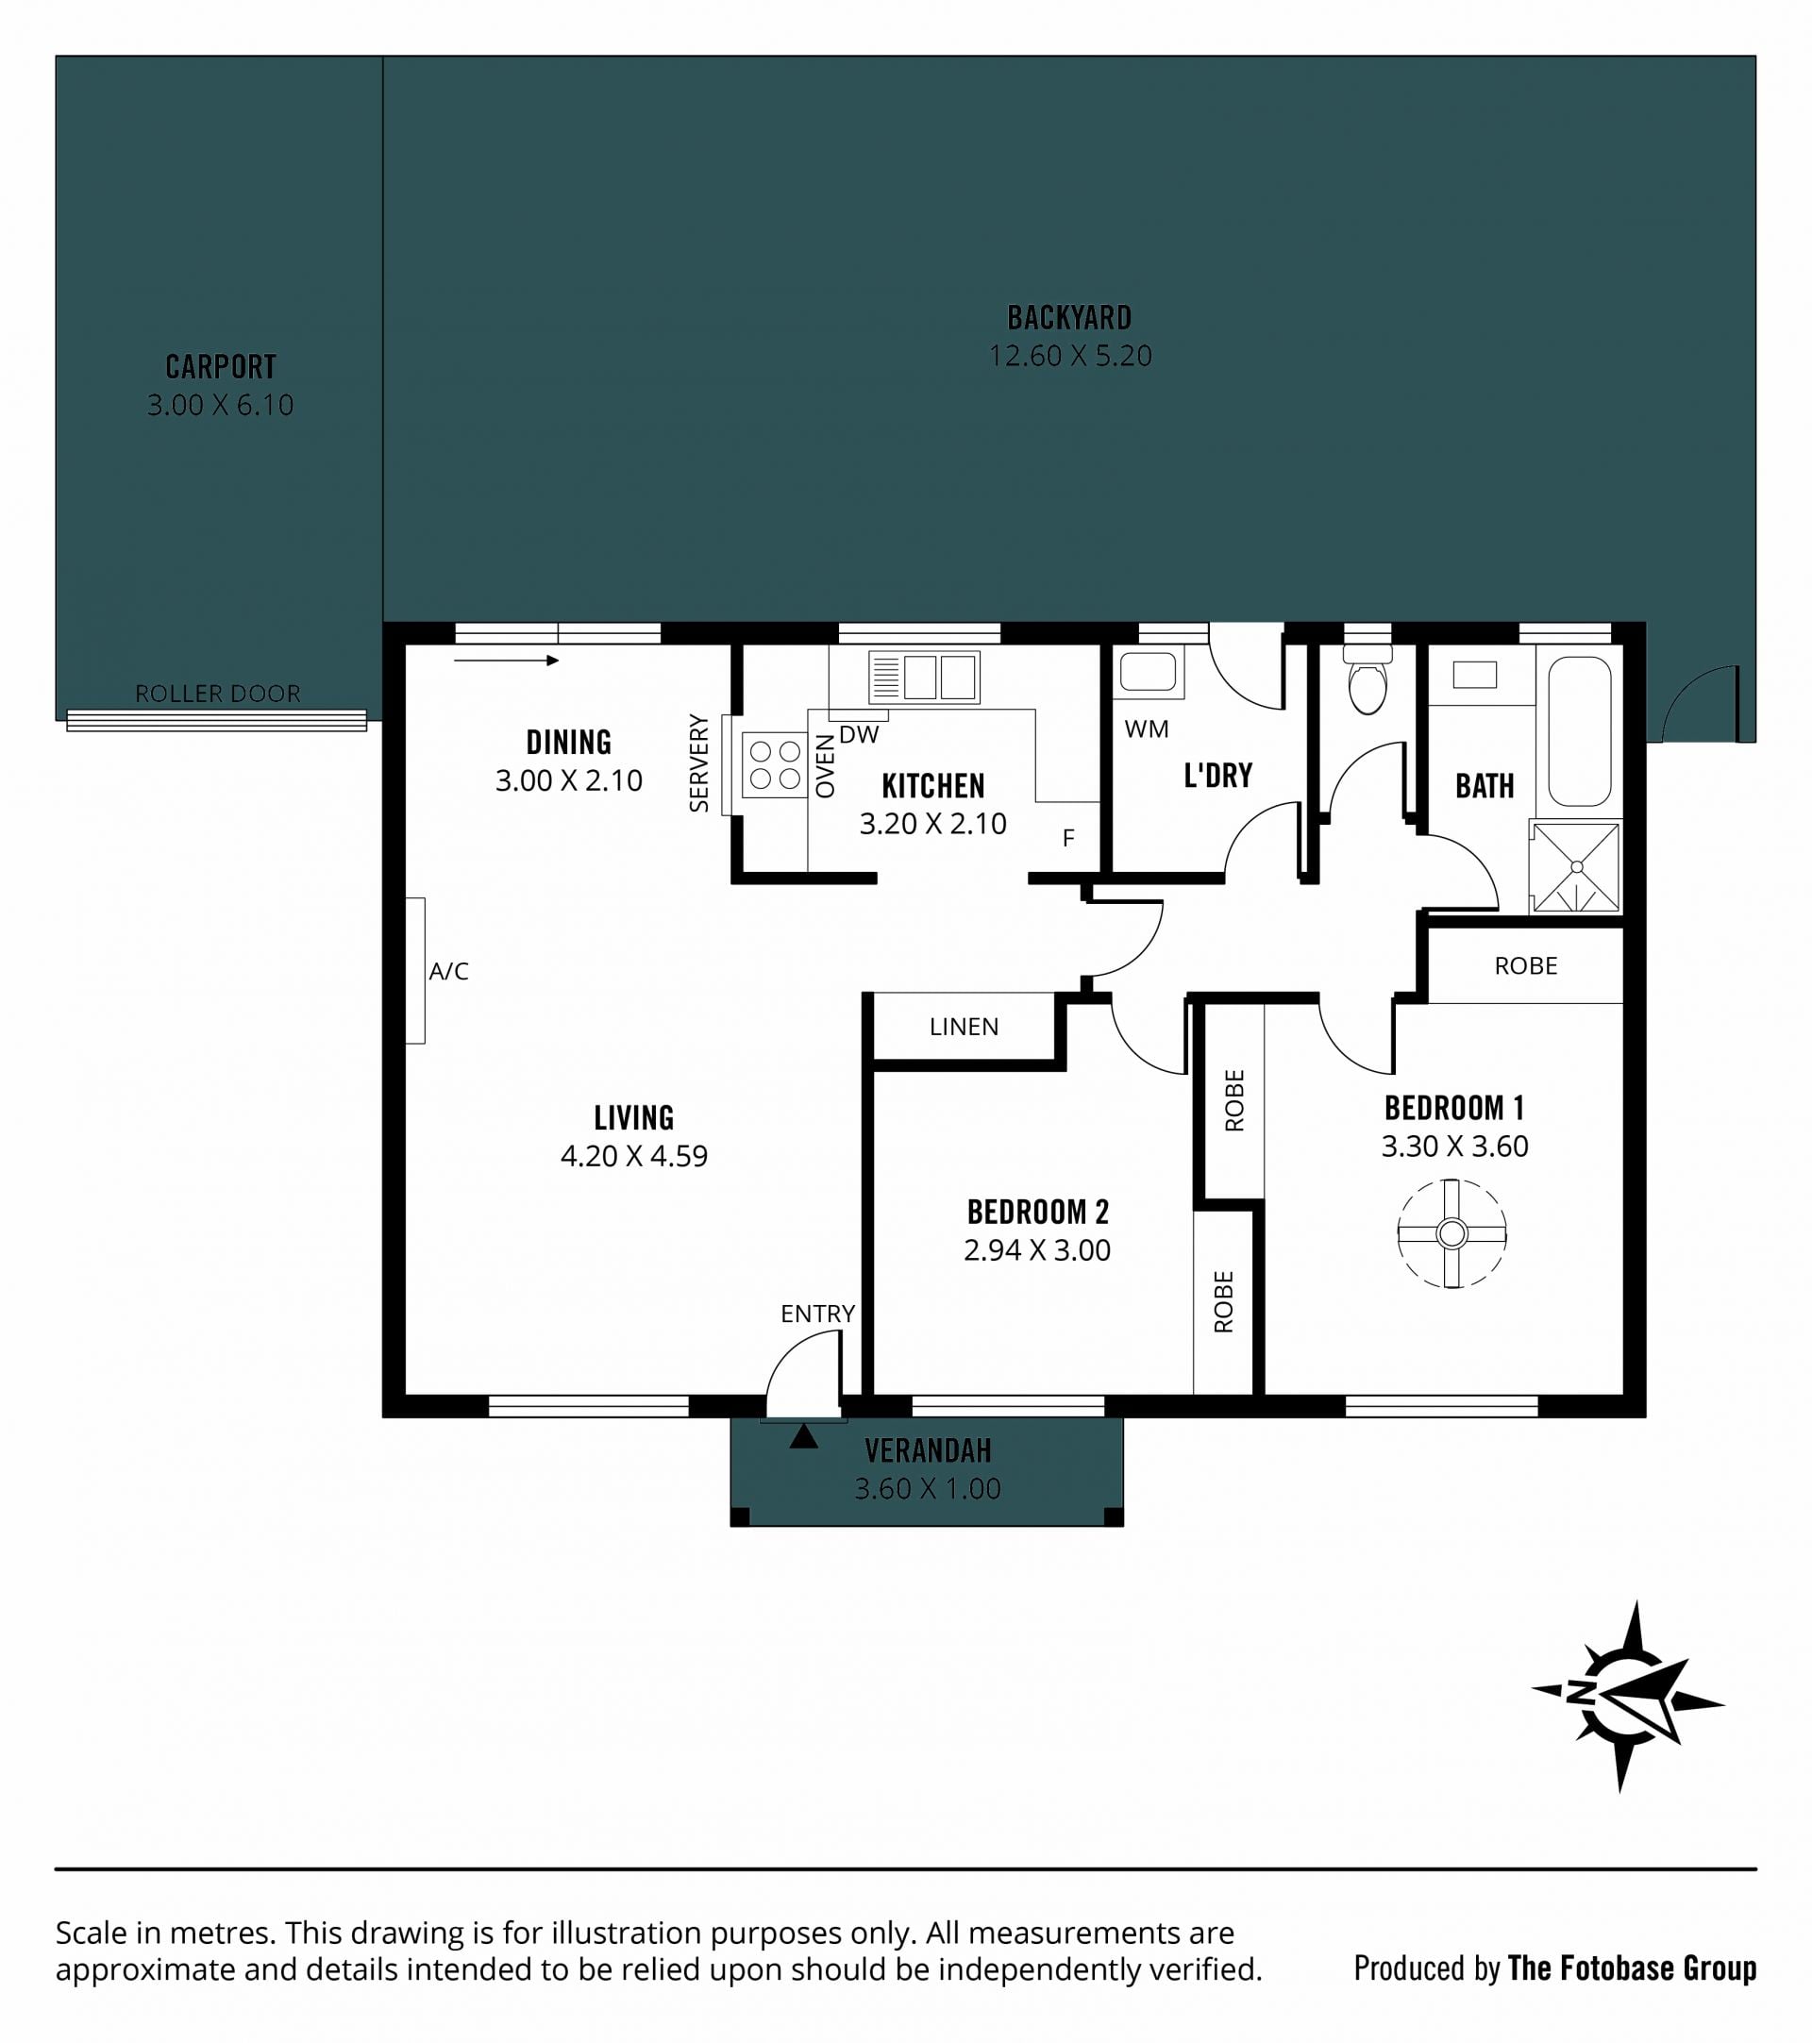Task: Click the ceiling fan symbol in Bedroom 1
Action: point(1451,1233)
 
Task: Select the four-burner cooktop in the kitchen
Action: point(775,764)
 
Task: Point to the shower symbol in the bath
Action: point(1575,866)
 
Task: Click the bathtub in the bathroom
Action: point(1579,730)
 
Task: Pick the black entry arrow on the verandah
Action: point(803,1436)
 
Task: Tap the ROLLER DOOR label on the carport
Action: point(217,694)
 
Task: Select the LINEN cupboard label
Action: point(964,1027)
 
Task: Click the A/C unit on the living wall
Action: point(414,970)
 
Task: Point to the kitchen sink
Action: point(924,677)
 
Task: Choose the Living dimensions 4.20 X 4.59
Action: point(633,1155)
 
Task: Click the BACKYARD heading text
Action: point(1069,318)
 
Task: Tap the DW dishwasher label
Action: point(859,735)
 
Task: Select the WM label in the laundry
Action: point(1147,728)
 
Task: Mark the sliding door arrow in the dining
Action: point(506,661)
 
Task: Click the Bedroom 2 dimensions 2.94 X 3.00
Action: point(1036,1249)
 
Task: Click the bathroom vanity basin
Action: point(1474,675)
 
